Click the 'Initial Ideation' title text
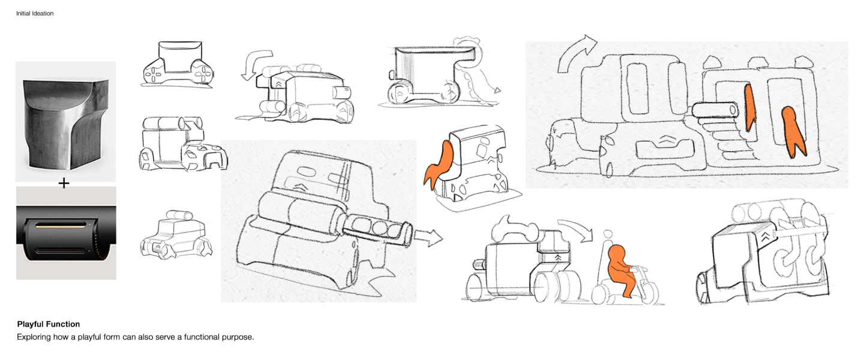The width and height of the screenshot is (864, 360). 35,14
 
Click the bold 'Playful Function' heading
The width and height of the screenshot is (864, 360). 49,324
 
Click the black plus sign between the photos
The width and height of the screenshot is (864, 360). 64,183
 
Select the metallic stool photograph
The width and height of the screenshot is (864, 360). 65,121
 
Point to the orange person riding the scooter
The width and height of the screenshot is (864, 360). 622,269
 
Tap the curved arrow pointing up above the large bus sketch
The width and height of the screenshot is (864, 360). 575,54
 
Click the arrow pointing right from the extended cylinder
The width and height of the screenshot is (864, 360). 428,238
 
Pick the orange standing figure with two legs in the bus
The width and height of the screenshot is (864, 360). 793,132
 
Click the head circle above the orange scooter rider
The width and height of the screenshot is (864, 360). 607,234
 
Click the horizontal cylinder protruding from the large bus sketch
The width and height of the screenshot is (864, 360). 715,110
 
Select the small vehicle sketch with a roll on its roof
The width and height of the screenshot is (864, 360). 176,235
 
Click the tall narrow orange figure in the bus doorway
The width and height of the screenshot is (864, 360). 749,107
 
